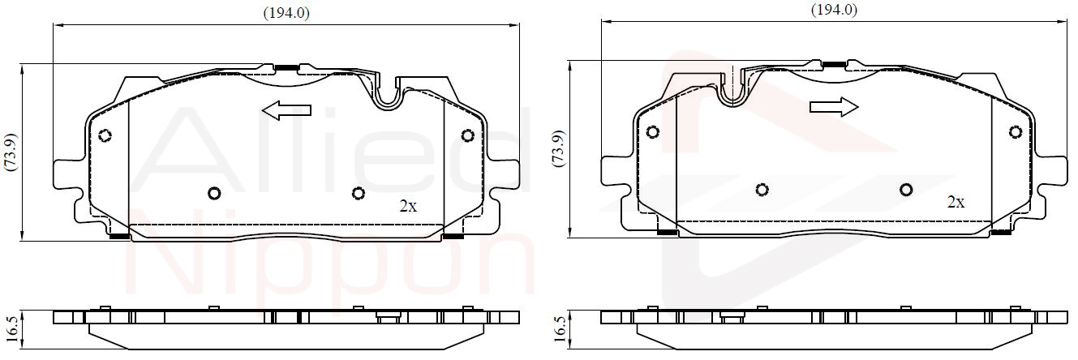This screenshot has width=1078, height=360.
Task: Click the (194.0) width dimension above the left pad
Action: click(286, 14)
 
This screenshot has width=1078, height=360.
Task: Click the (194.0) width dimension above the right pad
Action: click(834, 10)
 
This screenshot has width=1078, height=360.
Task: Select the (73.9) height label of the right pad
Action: click(559, 148)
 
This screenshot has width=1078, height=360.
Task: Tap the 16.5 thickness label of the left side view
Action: click(13, 329)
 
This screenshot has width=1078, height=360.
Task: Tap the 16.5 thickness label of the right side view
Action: click(560, 329)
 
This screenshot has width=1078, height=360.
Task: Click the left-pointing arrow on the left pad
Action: click(286, 110)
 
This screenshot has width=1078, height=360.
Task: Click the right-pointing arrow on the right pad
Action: click(834, 107)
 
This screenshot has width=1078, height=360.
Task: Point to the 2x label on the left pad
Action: click(408, 207)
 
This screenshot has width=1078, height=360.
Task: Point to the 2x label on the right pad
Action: click(956, 203)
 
